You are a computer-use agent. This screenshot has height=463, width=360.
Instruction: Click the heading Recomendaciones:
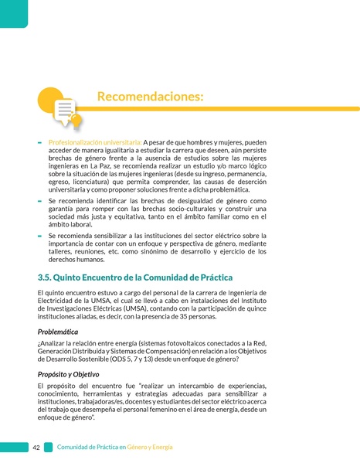[151, 97]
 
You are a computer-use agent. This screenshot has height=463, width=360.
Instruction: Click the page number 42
[36, 448]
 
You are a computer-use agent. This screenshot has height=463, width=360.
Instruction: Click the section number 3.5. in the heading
[48, 277]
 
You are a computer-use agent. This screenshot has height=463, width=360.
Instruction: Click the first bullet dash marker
[39, 144]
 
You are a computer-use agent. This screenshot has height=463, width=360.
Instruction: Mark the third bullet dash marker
[39, 234]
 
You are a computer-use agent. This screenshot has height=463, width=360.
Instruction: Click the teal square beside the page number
[48, 448]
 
